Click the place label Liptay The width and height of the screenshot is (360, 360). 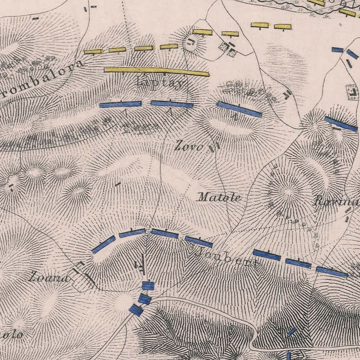(x=160, y=82)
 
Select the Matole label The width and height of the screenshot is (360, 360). (x=220, y=197)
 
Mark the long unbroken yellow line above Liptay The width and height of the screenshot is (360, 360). (x=156, y=71)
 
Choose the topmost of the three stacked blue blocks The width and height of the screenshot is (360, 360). (x=148, y=286)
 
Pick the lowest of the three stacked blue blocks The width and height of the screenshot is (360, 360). (x=136, y=310)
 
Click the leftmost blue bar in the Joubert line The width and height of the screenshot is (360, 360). (x=104, y=244)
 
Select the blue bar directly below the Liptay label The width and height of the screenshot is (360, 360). (x=172, y=104)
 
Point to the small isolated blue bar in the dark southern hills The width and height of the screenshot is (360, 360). (x=292, y=332)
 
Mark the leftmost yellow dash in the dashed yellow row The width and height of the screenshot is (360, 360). (x=93, y=52)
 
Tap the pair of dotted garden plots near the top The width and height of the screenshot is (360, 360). (x=227, y=49)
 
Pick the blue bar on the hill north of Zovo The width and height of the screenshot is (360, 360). (x=239, y=109)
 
